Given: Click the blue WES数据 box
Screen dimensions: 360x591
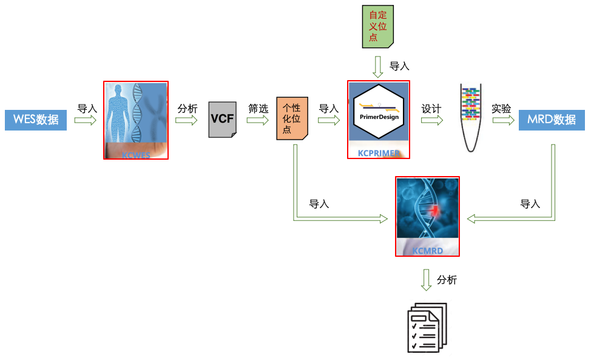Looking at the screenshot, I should point(36,120).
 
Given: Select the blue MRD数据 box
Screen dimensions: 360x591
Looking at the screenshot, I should point(552,120).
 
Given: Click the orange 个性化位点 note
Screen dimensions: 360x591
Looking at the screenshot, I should point(292,118).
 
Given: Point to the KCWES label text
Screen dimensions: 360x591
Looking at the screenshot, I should point(135,155).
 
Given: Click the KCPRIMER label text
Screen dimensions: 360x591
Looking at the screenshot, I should point(378,154).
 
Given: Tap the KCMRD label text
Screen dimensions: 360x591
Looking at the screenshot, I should point(428,250).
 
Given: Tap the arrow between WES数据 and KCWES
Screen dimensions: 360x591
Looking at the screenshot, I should point(86,120).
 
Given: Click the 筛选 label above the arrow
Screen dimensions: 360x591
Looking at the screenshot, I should point(258,109).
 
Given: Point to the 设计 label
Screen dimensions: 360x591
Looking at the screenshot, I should point(431,109).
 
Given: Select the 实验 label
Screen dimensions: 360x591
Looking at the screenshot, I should point(501,109).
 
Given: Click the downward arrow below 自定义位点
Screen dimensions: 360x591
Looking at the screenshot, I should point(377,67).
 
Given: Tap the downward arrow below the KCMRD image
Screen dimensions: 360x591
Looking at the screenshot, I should point(427,280).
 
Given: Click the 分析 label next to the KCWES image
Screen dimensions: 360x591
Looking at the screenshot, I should point(187,109).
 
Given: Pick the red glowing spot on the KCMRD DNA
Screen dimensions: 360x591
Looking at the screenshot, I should point(435,210).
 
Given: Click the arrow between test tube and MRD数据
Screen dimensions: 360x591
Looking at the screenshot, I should point(503,120).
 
